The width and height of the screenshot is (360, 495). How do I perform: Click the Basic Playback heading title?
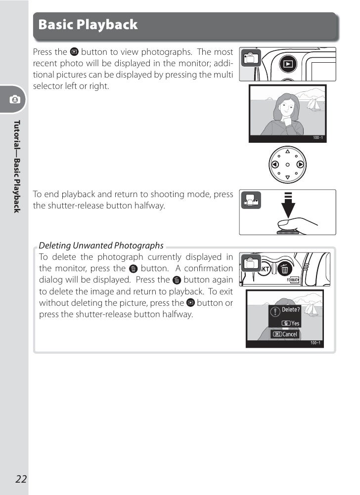(x=88, y=25)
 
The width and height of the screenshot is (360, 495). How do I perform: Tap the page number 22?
(x=21, y=479)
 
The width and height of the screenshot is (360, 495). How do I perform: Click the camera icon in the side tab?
(x=15, y=99)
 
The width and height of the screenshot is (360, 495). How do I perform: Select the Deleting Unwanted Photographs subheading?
(x=101, y=246)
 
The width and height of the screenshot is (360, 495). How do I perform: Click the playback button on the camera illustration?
(x=288, y=64)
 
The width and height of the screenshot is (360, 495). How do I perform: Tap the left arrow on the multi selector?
(x=275, y=165)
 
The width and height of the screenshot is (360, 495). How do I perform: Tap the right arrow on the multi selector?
(x=300, y=165)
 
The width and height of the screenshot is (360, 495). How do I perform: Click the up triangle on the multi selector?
(x=288, y=152)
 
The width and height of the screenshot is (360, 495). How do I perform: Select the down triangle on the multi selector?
(x=288, y=177)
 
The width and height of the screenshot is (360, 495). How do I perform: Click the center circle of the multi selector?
(x=288, y=165)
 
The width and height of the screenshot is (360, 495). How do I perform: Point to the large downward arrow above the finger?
(x=288, y=205)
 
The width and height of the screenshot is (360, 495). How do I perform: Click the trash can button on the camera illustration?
(x=285, y=269)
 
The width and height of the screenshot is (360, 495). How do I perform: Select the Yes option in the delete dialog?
(x=290, y=323)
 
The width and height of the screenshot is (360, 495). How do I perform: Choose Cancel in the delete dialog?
(x=285, y=334)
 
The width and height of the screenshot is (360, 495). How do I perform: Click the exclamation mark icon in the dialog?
(x=275, y=312)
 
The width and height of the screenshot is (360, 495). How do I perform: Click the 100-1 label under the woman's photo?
(x=318, y=138)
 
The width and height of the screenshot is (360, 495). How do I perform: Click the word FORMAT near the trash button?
(x=293, y=280)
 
